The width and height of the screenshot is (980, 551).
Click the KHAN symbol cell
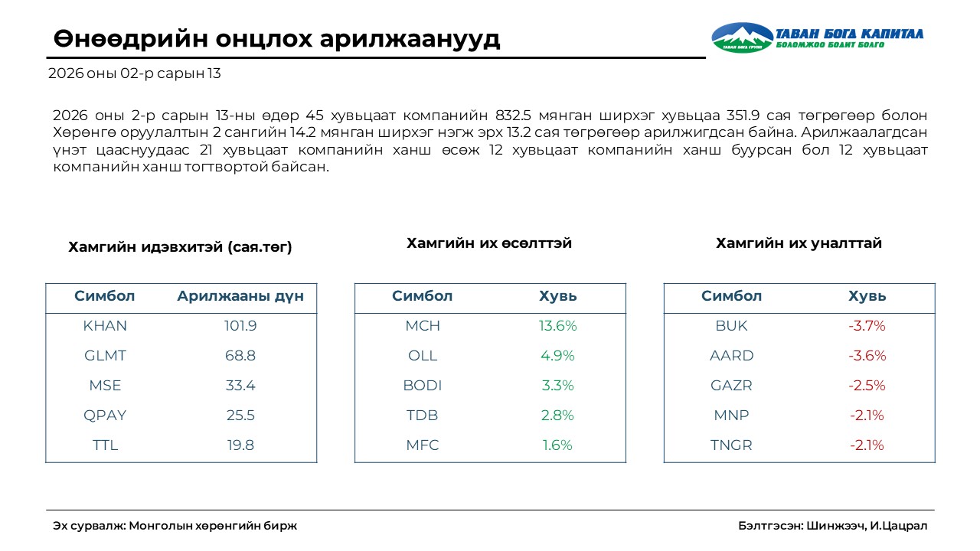(105, 326)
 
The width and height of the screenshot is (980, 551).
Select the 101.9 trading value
(240, 326)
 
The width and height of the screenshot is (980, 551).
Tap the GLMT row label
(105, 356)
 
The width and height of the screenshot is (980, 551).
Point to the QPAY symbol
(105, 416)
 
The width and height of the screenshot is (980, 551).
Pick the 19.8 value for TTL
(240, 445)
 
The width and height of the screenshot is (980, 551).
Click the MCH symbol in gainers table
(423, 326)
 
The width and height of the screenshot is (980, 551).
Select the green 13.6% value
(558, 326)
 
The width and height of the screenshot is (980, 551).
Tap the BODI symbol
(423, 386)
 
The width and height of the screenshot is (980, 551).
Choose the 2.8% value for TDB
(558, 416)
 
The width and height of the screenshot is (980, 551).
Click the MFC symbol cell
(423, 445)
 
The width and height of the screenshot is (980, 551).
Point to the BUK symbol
(732, 326)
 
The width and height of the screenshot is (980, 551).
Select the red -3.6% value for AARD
(867, 356)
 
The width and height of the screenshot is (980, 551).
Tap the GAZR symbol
(732, 386)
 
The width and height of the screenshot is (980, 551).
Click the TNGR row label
(732, 445)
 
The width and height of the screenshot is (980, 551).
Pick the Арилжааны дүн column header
(240, 297)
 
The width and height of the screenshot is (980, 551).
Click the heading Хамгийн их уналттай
(799, 243)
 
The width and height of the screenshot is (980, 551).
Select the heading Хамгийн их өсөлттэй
(489, 243)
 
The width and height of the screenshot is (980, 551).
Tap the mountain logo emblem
(742, 37)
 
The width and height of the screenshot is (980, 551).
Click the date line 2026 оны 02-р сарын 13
(134, 74)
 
